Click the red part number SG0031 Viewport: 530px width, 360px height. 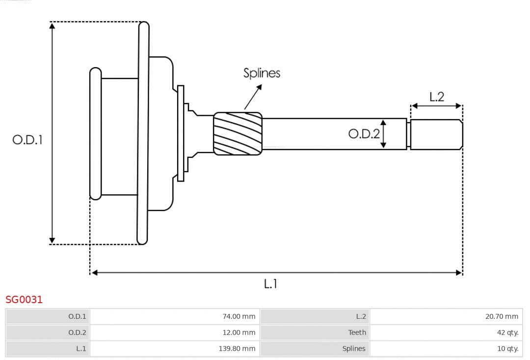click(x=24, y=299)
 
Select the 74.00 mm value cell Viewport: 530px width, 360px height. click(x=175, y=316)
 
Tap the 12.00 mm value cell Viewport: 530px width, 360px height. click(x=175, y=333)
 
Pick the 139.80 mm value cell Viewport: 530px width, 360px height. click(x=175, y=349)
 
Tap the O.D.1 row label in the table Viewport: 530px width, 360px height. click(x=48, y=316)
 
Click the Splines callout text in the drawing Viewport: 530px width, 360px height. click(x=262, y=73)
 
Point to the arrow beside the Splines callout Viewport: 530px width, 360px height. click(x=253, y=97)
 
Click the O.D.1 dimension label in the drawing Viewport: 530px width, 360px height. click(x=27, y=140)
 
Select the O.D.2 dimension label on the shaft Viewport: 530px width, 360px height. click(x=364, y=133)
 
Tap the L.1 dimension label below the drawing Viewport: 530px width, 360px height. click(x=270, y=283)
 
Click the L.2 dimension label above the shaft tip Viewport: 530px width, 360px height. click(x=436, y=97)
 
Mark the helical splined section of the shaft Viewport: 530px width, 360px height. click(x=238, y=134)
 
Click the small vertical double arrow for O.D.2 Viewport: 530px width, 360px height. click(x=384, y=133)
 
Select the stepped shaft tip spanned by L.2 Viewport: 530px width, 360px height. click(x=436, y=134)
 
